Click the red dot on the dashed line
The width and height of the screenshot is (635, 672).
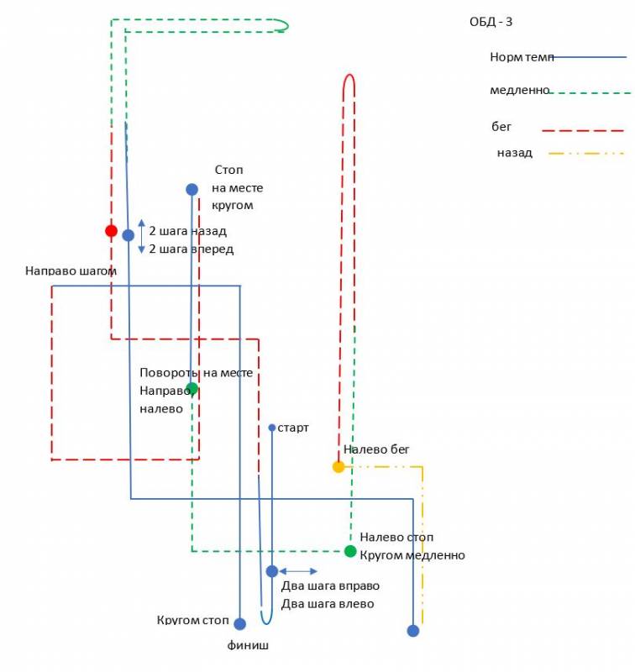pyautogui.click(x=111, y=230)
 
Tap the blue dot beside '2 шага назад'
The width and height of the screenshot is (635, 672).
pyautogui.click(x=128, y=235)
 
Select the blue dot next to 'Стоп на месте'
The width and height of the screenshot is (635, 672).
pyautogui.click(x=192, y=190)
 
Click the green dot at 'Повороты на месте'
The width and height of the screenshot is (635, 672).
pyautogui.click(x=192, y=388)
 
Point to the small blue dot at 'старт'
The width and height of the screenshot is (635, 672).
pyautogui.click(x=272, y=428)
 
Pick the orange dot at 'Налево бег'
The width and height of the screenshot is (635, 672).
pyautogui.click(x=338, y=467)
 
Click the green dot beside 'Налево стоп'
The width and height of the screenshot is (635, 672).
pyautogui.click(x=350, y=551)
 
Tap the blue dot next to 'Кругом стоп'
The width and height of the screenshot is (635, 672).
pyautogui.click(x=239, y=624)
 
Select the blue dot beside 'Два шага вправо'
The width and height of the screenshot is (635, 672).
pyautogui.click(x=272, y=571)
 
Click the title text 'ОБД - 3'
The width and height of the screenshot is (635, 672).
pyautogui.click(x=491, y=22)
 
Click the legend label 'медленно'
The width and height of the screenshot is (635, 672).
pyautogui.click(x=519, y=90)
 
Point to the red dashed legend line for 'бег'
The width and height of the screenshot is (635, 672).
pyautogui.click(x=583, y=131)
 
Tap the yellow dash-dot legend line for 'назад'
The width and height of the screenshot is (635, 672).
pyautogui.click(x=586, y=154)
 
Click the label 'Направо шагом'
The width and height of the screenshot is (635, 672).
pyautogui.click(x=71, y=271)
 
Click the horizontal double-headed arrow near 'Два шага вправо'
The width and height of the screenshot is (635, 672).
pyautogui.click(x=298, y=571)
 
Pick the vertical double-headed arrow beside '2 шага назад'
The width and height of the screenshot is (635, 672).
pyautogui.click(x=141, y=236)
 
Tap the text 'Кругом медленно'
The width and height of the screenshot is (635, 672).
pyautogui.click(x=412, y=555)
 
